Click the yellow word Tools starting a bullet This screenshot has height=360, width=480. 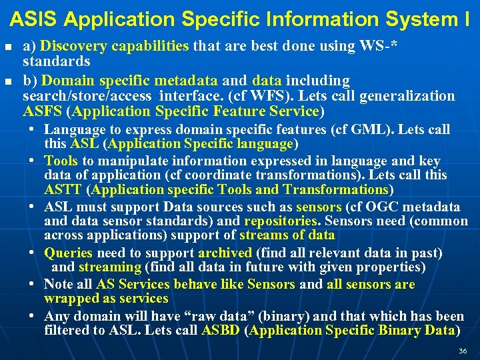click(61, 161)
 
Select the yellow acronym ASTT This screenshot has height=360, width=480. click(63, 190)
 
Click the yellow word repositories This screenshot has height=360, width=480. click(279, 221)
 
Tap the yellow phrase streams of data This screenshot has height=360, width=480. click(287, 235)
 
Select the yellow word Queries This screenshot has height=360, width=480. click(68, 253)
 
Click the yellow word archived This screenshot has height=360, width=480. click(225, 253)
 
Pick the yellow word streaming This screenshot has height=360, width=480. click(109, 267)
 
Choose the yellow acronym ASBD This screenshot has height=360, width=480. click(221, 331)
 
